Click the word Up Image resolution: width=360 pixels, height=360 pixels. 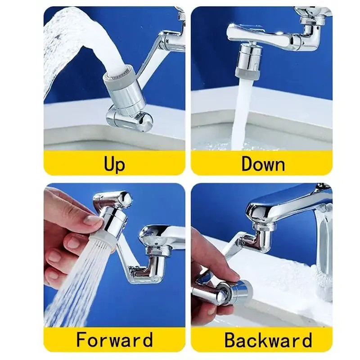point(114,164)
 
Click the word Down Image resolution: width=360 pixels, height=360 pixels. point(263,164)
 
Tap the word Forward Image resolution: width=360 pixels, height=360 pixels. point(114,340)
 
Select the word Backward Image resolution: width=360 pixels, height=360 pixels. point(268,340)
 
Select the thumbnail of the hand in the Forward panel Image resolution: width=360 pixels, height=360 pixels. point(92,220)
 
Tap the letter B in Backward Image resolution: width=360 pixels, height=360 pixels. point(231,340)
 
